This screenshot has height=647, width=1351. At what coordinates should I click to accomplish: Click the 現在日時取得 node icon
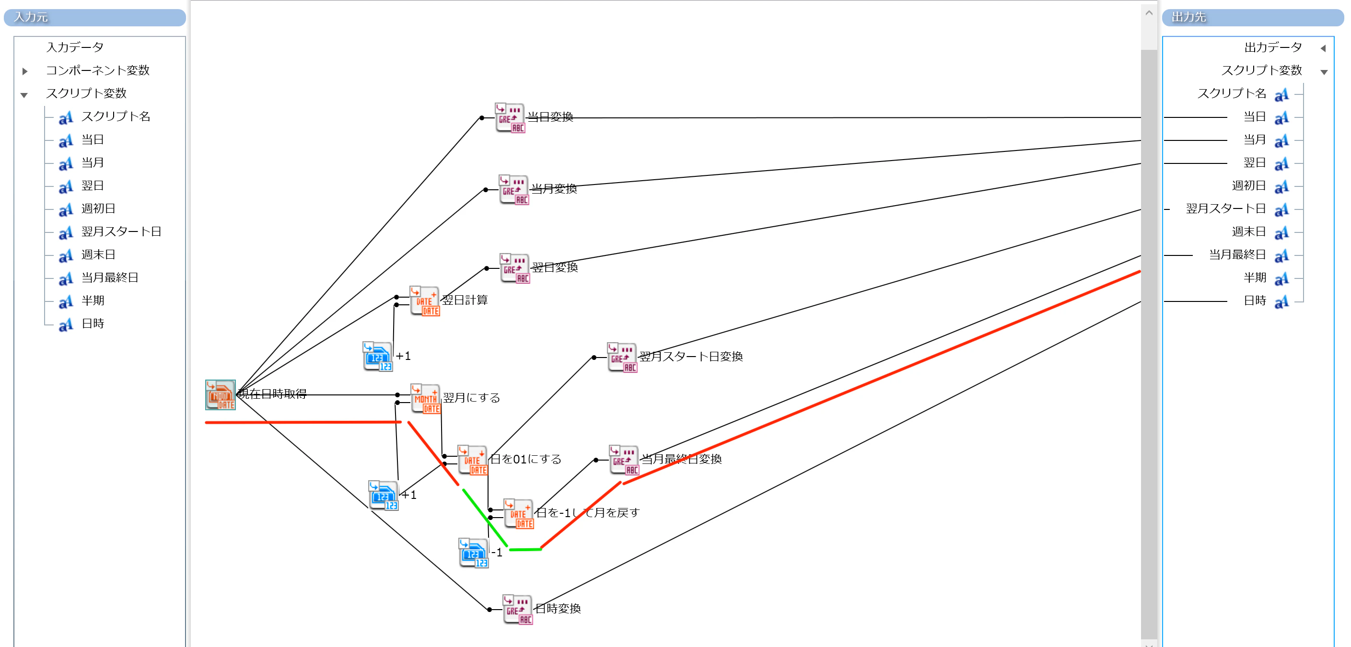pyautogui.click(x=220, y=395)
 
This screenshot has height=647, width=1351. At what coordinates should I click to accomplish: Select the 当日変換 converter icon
pyautogui.click(x=510, y=118)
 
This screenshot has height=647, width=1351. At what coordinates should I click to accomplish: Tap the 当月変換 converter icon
pyautogui.click(x=514, y=190)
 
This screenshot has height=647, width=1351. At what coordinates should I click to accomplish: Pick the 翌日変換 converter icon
pyautogui.click(x=515, y=268)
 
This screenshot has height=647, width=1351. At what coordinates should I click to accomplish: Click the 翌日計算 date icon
pyautogui.click(x=425, y=301)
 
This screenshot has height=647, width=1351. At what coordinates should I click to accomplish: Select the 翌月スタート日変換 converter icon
pyautogui.click(x=622, y=358)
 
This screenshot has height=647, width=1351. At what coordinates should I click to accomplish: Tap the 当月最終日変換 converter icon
pyautogui.click(x=624, y=460)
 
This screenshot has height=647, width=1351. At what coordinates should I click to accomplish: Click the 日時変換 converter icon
pyautogui.click(x=518, y=610)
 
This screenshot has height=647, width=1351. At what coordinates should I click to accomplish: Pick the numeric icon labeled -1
pyautogui.click(x=474, y=553)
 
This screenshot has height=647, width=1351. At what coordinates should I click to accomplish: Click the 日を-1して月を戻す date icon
pyautogui.click(x=518, y=514)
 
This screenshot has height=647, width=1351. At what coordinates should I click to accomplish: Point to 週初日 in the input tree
pyautogui.click(x=98, y=208)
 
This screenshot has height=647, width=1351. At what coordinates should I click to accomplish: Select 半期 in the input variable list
pyautogui.click(x=93, y=300)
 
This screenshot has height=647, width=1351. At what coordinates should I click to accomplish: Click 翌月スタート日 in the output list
pyautogui.click(x=1226, y=208)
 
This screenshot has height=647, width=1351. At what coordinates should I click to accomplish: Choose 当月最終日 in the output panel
pyautogui.click(x=1237, y=255)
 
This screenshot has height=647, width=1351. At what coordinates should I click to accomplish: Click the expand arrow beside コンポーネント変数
pyautogui.click(x=24, y=71)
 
